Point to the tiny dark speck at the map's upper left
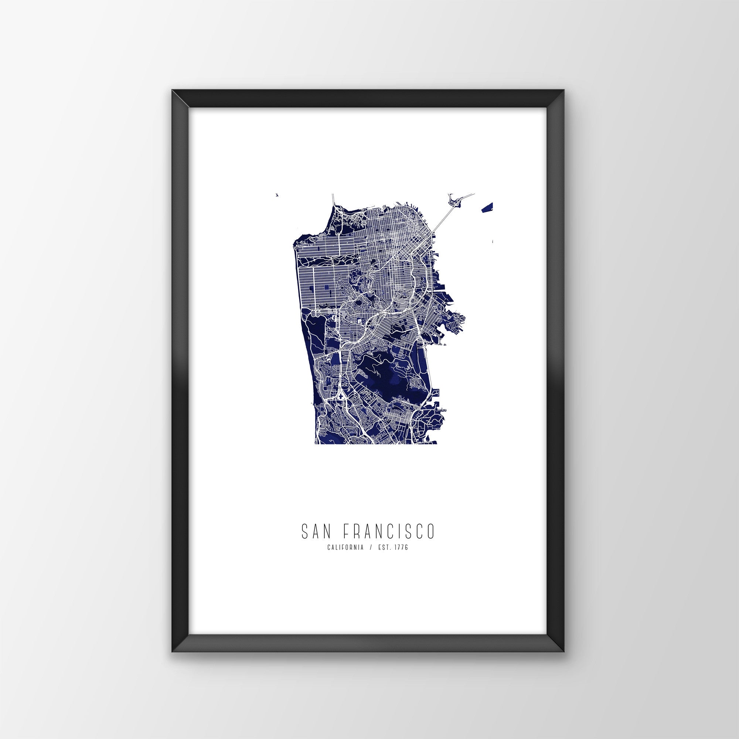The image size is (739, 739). click(x=277, y=195)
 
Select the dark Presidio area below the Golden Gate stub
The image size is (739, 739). click(x=337, y=226)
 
